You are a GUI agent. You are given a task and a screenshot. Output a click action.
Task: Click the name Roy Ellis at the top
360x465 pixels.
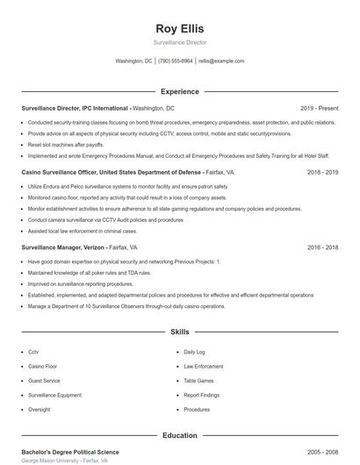click(179, 28)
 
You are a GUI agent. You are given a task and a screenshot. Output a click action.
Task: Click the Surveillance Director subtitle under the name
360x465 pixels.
click(179, 42)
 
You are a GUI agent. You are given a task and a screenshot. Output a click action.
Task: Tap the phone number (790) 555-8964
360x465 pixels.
click(175, 61)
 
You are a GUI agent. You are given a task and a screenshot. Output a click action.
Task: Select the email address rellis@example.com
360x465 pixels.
click(221, 61)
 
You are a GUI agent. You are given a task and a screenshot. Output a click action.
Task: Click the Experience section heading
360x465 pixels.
click(179, 91)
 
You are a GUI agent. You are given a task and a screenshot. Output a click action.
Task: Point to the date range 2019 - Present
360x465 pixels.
click(319, 108)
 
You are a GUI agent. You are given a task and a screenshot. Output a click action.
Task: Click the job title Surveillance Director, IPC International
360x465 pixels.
click(75, 108)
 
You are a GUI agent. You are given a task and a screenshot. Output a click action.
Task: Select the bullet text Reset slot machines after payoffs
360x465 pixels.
click(66, 144)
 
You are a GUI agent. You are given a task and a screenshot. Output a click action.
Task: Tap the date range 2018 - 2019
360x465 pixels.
click(322, 172)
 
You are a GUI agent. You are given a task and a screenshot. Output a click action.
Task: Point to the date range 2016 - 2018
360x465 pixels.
click(322, 247)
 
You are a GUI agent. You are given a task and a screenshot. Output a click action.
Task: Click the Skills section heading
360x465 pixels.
click(179, 333)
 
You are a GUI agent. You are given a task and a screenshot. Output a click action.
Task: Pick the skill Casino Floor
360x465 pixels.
click(42, 366)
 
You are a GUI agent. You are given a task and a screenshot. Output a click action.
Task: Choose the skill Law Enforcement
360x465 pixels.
click(203, 366)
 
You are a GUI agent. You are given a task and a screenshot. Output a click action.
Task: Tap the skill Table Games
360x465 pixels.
click(198, 381)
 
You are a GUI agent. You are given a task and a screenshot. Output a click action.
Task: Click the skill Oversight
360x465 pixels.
click(39, 410)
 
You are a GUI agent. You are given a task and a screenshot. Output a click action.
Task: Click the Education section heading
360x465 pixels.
click(179, 435)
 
